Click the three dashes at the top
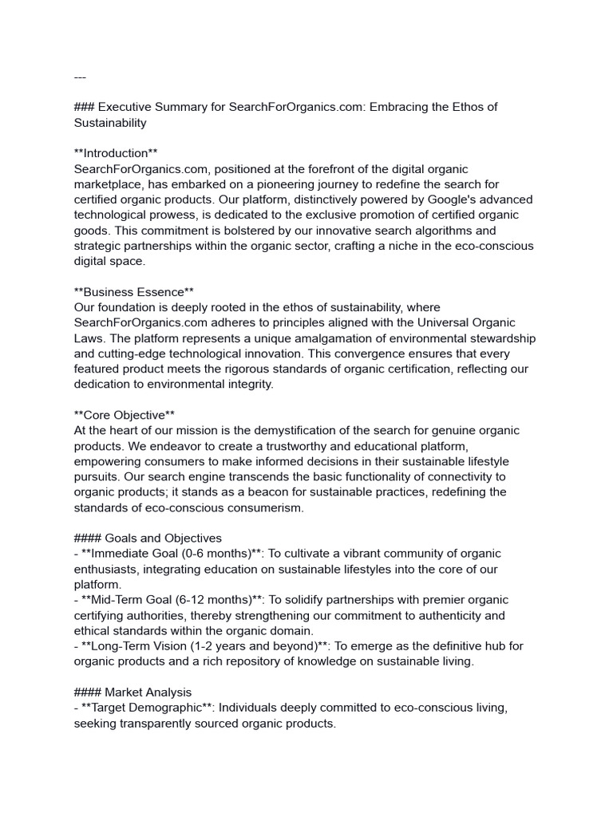coord(80,77)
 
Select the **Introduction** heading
coord(111,153)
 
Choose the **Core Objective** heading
coord(124,415)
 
